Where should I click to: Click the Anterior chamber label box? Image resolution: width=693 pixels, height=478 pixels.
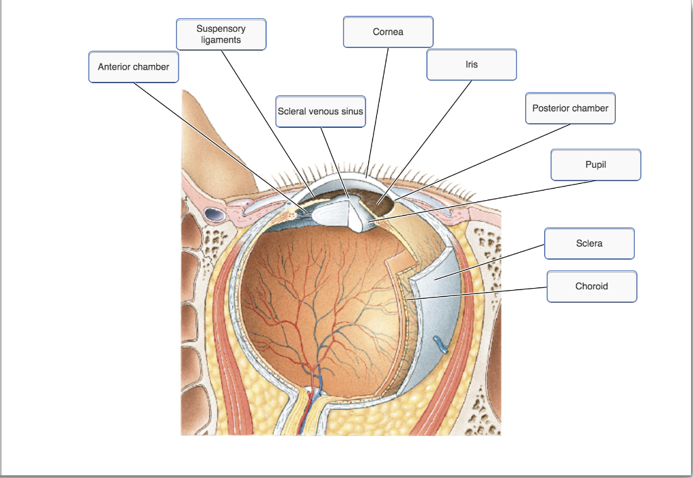click(133, 67)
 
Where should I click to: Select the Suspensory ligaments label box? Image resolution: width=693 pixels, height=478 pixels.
click(221, 34)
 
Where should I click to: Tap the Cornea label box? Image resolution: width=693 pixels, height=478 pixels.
click(388, 32)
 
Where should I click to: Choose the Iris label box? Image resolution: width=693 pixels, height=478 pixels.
click(472, 65)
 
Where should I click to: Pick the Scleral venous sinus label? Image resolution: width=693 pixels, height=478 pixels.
click(320, 112)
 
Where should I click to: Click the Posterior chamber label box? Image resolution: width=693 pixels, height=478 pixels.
click(570, 108)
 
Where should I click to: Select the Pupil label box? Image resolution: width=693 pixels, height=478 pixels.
click(596, 165)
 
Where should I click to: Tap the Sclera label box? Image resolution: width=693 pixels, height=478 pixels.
click(589, 243)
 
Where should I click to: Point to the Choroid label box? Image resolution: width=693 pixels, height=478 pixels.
click(591, 286)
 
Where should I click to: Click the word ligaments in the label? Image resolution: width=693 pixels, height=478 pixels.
click(221, 40)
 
